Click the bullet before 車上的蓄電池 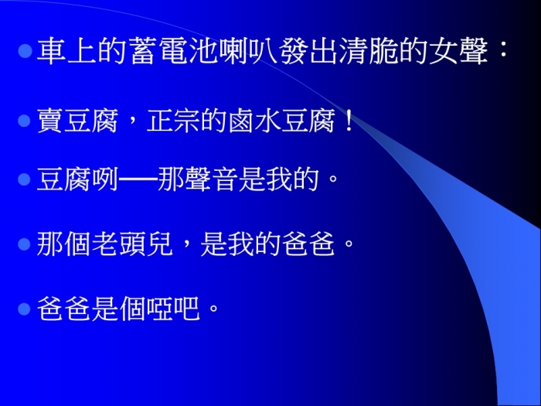coord(25,51)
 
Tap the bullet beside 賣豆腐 coord(24,121)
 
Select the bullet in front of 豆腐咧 coord(24,179)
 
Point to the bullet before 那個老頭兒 coord(24,244)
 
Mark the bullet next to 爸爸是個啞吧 coord(24,309)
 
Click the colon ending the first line coord(503,52)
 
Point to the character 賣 coord(49,121)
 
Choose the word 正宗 coord(173,121)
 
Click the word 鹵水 coord(254,121)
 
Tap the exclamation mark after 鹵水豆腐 coord(349,120)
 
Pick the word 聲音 coord(212,179)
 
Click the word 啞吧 coord(173,309)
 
